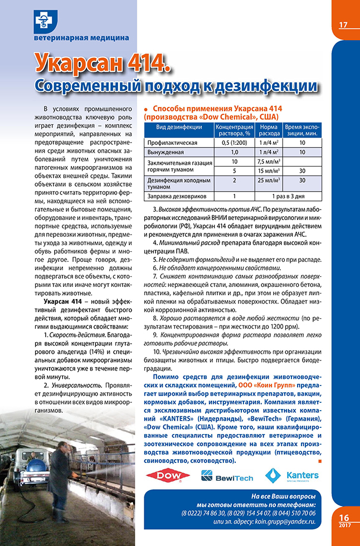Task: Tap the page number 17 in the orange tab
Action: point(343,25)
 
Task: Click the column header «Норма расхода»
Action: point(270,131)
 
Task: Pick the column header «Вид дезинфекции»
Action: point(178,128)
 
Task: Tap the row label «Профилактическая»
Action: point(173,143)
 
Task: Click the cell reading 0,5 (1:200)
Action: point(234,143)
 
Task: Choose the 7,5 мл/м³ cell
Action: point(269,162)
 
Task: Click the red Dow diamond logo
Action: point(168,476)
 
